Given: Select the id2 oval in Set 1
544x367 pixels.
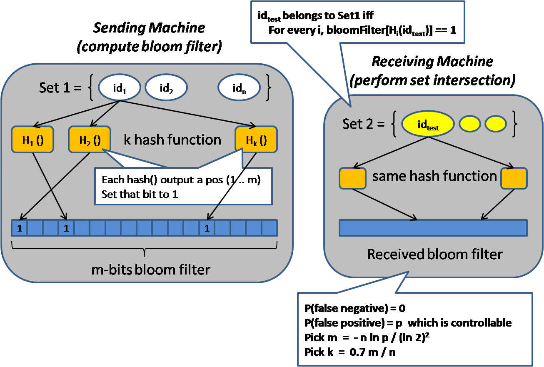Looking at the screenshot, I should [166, 89].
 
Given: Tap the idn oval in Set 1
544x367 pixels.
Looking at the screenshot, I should [239, 89].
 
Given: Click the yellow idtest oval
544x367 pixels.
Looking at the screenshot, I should [427, 125].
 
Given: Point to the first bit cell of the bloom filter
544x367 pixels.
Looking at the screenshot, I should [19, 228].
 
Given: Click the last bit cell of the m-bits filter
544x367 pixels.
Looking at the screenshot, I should [270, 228].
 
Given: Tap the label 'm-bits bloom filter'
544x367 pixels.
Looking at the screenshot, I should [151, 270].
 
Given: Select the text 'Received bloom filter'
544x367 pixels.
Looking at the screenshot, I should [435, 254].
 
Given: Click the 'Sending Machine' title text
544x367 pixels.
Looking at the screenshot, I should [149, 28].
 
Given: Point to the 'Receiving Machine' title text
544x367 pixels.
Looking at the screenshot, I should [432, 62].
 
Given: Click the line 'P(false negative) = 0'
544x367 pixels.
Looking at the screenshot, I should [355, 309].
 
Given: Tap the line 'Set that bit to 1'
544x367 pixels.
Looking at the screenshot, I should [140, 194].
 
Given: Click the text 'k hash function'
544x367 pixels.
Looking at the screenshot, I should [172, 140].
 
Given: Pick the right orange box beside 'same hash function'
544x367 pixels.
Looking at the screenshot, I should [514, 178].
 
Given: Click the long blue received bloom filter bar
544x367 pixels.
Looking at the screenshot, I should [433, 228].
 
